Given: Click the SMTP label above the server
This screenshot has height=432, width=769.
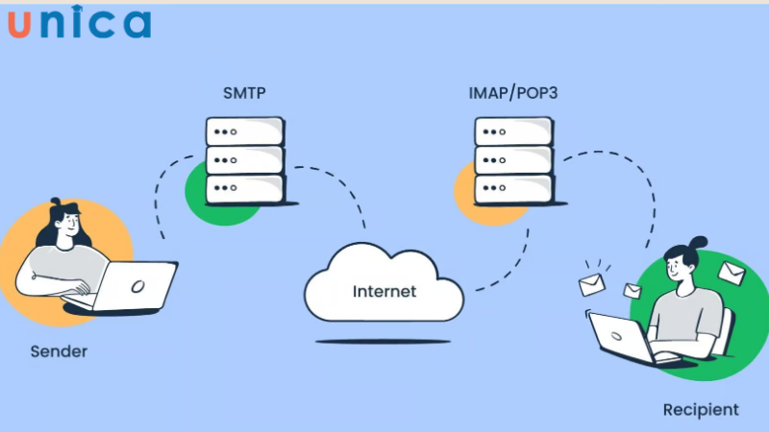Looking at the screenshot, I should coord(244,94).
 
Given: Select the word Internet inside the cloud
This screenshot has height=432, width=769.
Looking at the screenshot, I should coord(384,291).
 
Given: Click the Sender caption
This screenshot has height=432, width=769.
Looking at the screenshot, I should coord(58,351).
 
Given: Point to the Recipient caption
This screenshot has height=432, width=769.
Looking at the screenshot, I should coord(701,410).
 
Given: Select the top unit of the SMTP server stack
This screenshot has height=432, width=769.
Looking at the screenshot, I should coord(245,131).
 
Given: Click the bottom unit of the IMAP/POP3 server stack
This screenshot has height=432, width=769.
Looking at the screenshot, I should coord(513,188).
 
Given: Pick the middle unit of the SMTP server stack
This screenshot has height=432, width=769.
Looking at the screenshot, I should coord(245,159).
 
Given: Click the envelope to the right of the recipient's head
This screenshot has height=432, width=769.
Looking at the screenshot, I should coord(731,274).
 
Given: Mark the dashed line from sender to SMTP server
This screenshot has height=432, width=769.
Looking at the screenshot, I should coord(160,206).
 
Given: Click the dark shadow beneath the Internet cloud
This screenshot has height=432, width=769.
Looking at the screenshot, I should coord(384,341).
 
